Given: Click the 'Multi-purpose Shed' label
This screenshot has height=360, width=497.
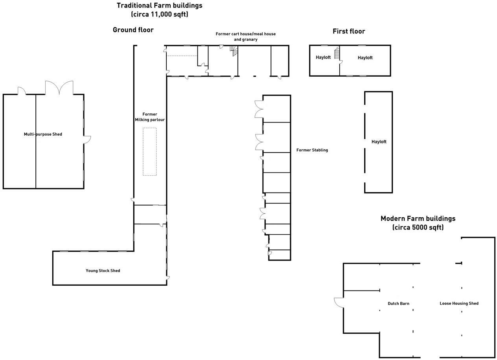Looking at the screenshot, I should [x=43, y=134].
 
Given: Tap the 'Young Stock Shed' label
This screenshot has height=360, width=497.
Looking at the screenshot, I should [x=103, y=271].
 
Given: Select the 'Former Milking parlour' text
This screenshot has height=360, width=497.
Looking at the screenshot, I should [x=149, y=117].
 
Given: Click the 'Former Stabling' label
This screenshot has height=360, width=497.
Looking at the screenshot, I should [x=312, y=150].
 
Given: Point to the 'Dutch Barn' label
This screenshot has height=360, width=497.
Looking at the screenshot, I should [x=398, y=303].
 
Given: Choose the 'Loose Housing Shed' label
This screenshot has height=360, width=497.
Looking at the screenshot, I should [x=459, y=303].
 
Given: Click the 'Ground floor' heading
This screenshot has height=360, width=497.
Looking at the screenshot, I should [x=133, y=30].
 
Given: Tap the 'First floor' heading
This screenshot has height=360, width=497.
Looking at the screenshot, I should [x=349, y=31].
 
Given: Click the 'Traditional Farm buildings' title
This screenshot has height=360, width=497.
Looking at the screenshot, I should [x=159, y=6].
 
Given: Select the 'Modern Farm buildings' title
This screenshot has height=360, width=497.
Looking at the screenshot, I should [x=418, y=219].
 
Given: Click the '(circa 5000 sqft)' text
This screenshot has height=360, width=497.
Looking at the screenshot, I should [x=418, y=228].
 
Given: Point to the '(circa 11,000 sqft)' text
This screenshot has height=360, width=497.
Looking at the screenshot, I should [x=159, y=15].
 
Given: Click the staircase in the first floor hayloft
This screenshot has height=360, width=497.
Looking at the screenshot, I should [x=337, y=53].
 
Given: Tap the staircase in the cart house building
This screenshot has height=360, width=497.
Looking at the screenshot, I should [x=235, y=51].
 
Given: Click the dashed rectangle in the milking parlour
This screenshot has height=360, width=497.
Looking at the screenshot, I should [x=149, y=152].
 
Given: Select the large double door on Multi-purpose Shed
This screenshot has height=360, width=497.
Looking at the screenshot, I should [x=59, y=88].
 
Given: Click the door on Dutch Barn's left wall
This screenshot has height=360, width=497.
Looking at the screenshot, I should [x=339, y=303].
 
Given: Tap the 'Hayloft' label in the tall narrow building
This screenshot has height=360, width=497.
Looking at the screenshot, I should [x=379, y=142].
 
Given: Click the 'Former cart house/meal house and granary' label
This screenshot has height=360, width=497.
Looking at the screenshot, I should [x=245, y=37].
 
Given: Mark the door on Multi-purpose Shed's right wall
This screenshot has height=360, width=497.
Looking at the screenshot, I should [x=87, y=139].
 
